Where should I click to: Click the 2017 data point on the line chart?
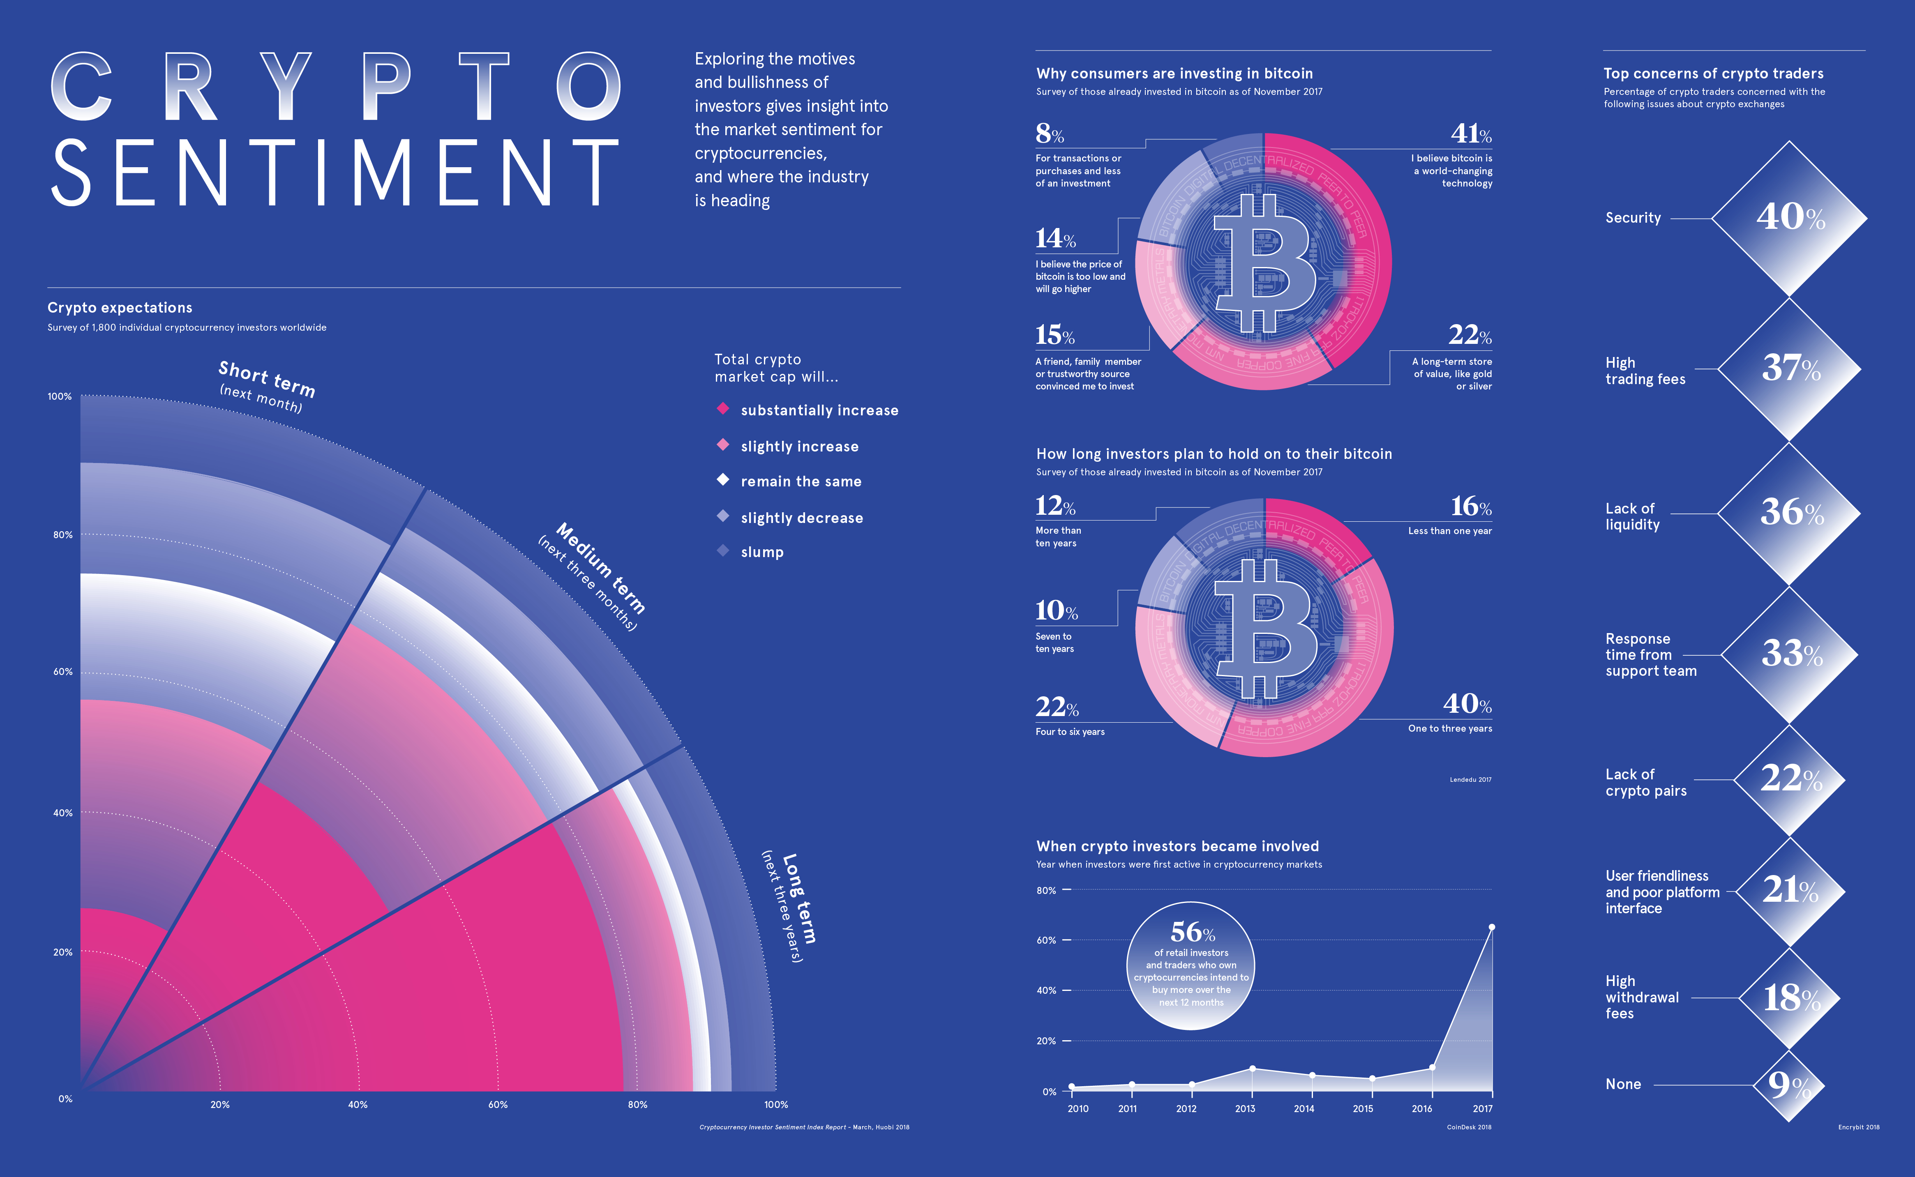point(1491,927)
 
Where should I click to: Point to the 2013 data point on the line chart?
point(1252,1069)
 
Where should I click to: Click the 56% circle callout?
point(1191,966)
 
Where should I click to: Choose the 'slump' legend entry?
point(761,552)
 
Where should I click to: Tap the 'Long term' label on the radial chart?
point(799,899)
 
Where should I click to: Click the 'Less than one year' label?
point(1449,531)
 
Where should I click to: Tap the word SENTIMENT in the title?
point(335,173)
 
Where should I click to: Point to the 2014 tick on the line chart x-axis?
point(1304,1108)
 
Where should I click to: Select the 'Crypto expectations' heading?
point(120,307)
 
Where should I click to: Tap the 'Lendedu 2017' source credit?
point(1470,779)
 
